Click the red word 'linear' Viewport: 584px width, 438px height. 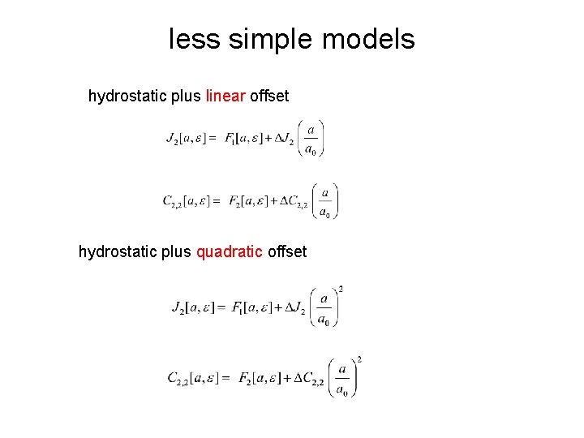tap(225, 97)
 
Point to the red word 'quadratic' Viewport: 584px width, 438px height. tap(230, 252)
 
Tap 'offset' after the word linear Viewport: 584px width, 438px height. tap(269, 97)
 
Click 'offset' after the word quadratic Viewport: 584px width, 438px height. tap(287, 252)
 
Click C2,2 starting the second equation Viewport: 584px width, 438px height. tap(172, 201)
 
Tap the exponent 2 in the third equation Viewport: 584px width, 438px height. tap(340, 289)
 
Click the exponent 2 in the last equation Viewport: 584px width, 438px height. tap(359, 359)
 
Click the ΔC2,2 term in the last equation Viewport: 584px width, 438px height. tap(309, 379)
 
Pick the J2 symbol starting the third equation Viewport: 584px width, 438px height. tap(179, 308)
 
